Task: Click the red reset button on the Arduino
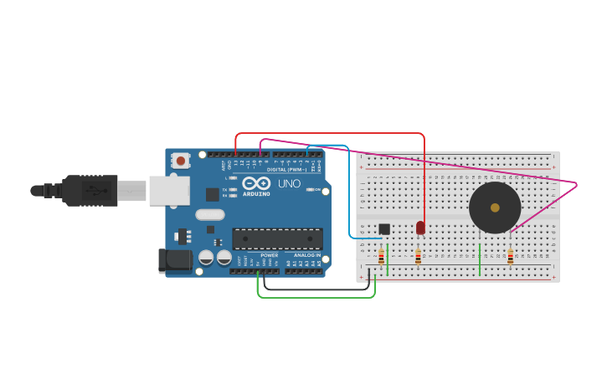pos(180,160)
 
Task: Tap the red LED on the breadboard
pos(420,228)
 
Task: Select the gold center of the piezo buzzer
pos(495,207)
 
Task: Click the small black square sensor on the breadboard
pos(384,229)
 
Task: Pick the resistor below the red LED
pos(418,256)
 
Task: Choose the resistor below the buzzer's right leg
pos(510,256)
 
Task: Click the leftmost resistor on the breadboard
pos(382,256)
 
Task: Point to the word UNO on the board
pos(289,183)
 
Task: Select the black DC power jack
pos(176,260)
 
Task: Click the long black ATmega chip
pos(277,238)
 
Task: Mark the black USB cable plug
pos(89,191)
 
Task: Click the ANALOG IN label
pos(306,255)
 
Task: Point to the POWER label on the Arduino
pos(269,255)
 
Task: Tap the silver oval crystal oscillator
pos(211,214)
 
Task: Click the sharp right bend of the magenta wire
pos(576,183)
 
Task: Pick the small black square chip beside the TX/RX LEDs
pos(213,194)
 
